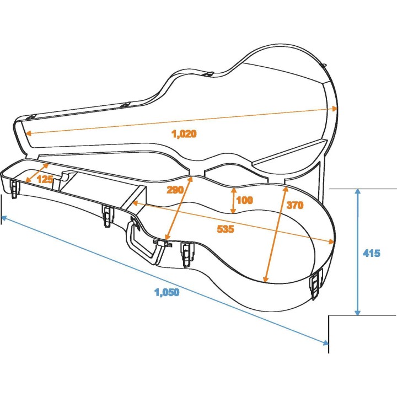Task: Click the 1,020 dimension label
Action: coord(184,133)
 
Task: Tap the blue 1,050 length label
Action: coord(167,293)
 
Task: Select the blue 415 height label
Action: coord(372,254)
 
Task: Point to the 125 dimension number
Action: coord(45,179)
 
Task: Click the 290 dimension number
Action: coord(175,189)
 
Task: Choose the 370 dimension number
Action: coord(294,206)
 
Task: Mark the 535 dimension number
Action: coord(226,229)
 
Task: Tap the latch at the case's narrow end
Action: coord(14,188)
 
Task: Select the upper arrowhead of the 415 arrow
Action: coord(358,191)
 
